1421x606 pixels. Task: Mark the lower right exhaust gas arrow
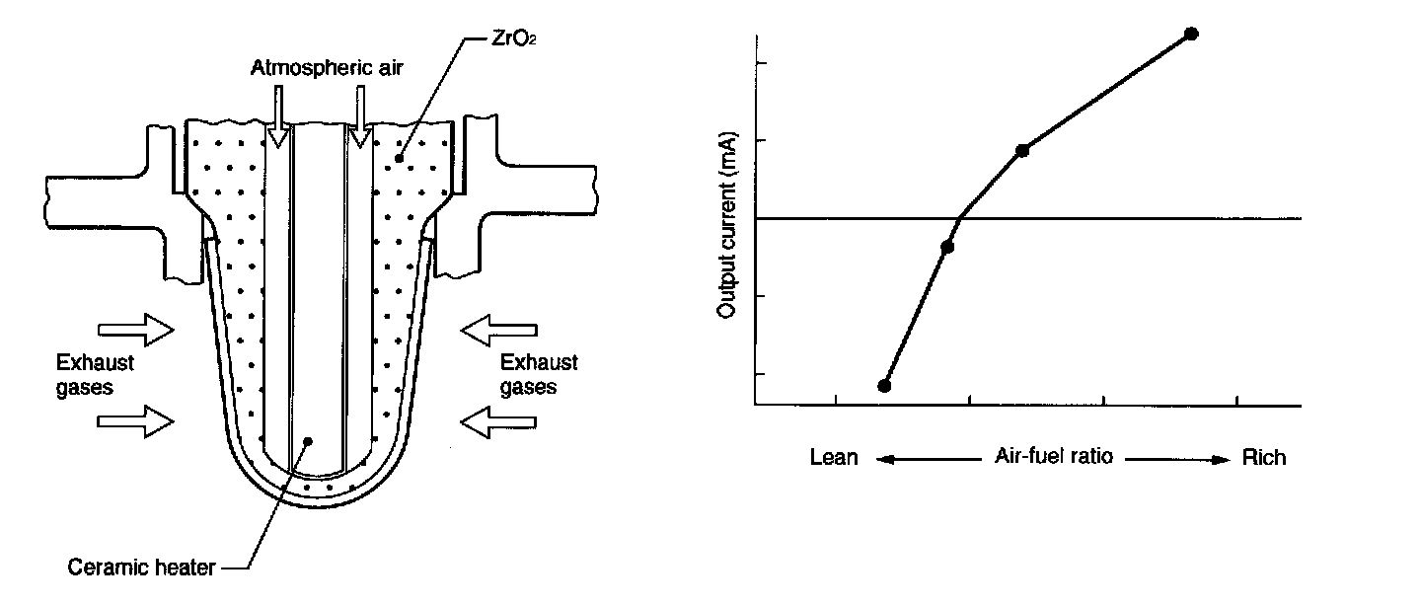[499, 421]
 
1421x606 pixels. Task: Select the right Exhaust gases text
[539, 375]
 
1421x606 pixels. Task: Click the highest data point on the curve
[1191, 34]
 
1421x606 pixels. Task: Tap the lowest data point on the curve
[884, 385]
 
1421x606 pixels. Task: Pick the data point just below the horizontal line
[947, 247]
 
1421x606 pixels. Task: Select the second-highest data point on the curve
[1022, 150]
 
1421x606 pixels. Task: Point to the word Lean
[834, 458]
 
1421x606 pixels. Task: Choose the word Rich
[1264, 458]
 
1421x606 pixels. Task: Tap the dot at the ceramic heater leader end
[308, 441]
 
